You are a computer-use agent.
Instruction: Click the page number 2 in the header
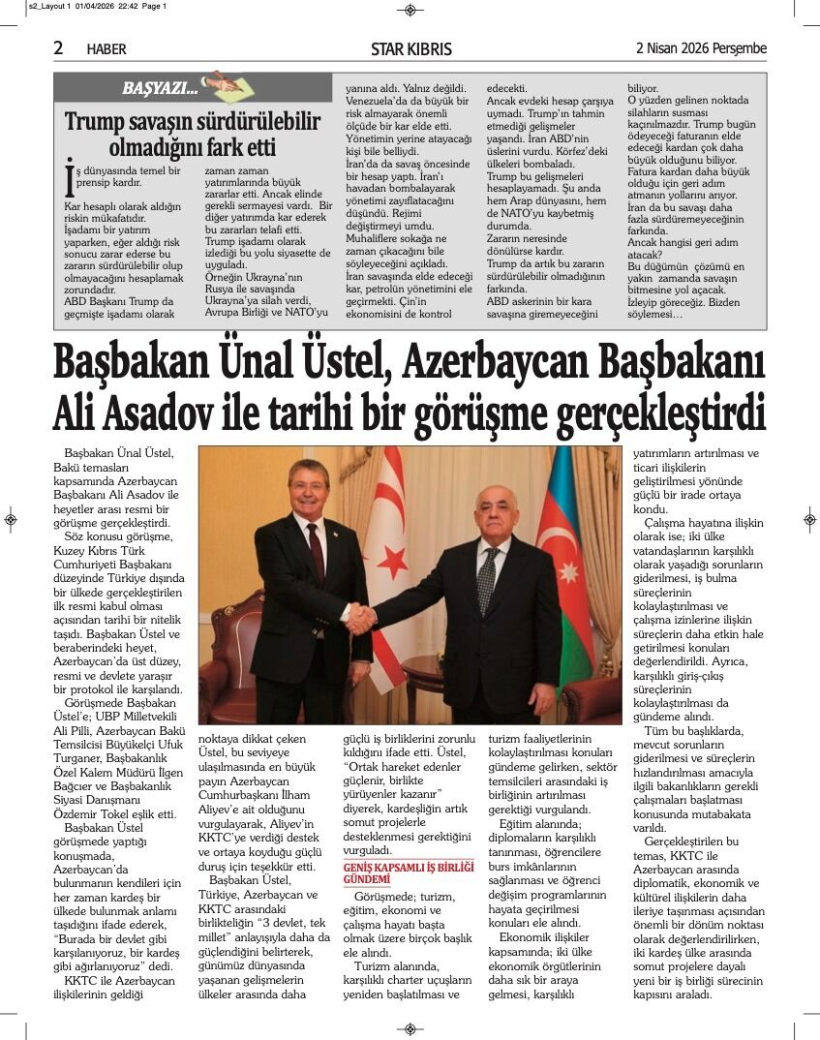pos(59,48)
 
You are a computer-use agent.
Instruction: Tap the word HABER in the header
pos(106,49)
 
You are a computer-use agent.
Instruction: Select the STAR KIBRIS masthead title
pos(410,49)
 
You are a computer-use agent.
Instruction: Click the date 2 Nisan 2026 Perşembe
pos(700,48)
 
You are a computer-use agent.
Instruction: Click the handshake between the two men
pos(361,618)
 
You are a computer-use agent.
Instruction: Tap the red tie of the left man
pos(316,552)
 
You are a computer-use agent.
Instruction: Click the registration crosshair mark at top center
pos(410,10)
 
